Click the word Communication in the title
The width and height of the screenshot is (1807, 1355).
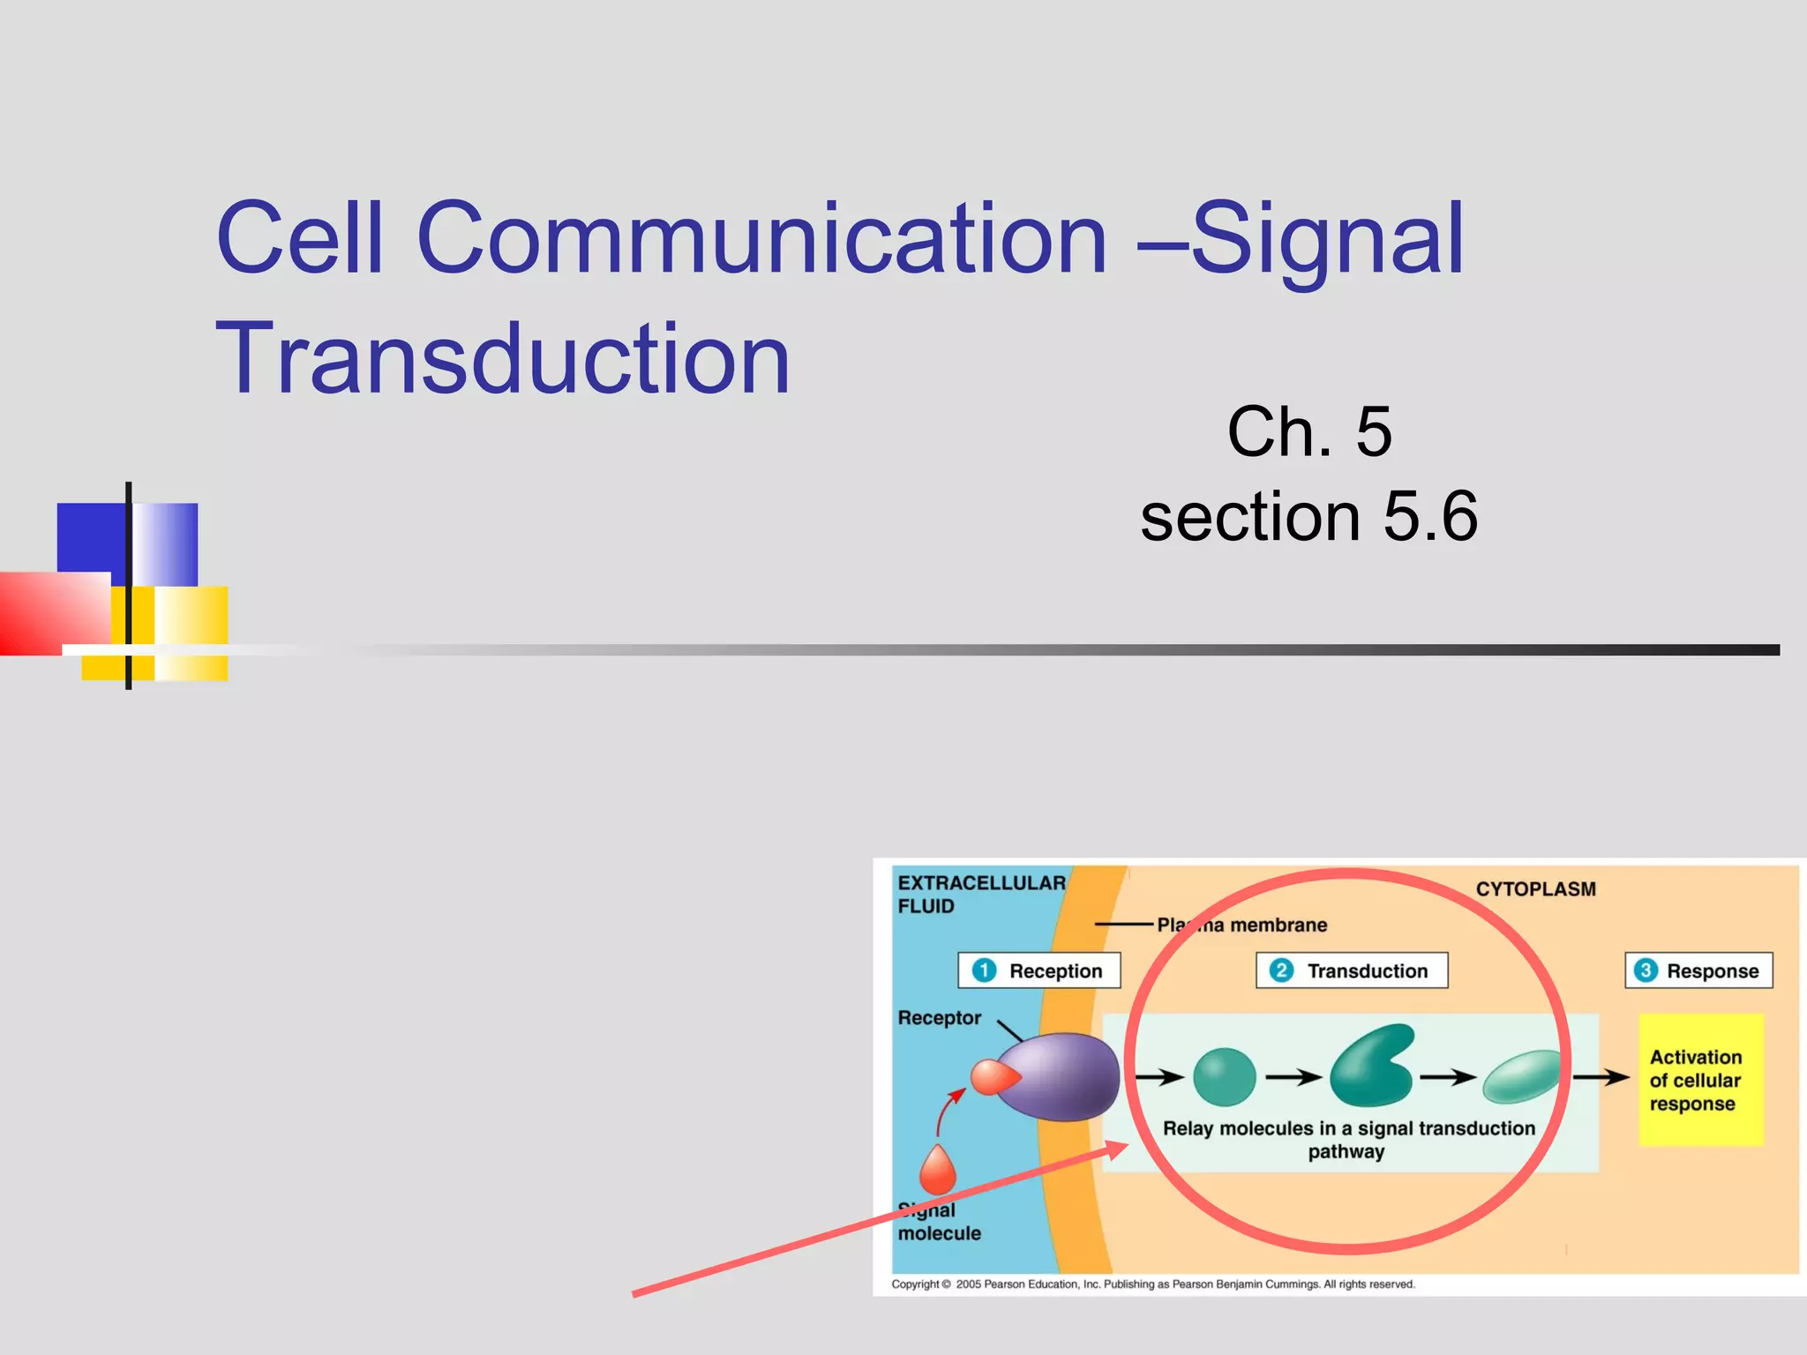761,238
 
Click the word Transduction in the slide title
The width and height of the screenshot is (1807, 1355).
503,359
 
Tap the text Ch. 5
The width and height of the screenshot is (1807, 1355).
1308,431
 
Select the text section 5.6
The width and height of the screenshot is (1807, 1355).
1308,516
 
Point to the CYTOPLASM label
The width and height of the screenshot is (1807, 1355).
1535,889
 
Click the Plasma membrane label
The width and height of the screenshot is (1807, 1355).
1241,925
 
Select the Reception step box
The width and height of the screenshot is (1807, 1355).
1038,970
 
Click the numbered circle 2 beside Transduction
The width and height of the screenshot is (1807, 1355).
1281,970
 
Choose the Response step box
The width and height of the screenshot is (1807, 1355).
1698,970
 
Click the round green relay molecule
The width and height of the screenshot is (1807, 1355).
1224,1077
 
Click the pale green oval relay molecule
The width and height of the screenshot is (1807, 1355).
1522,1076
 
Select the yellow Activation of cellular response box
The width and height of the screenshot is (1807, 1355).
1700,1080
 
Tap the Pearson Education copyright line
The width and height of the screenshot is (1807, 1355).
1152,1284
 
